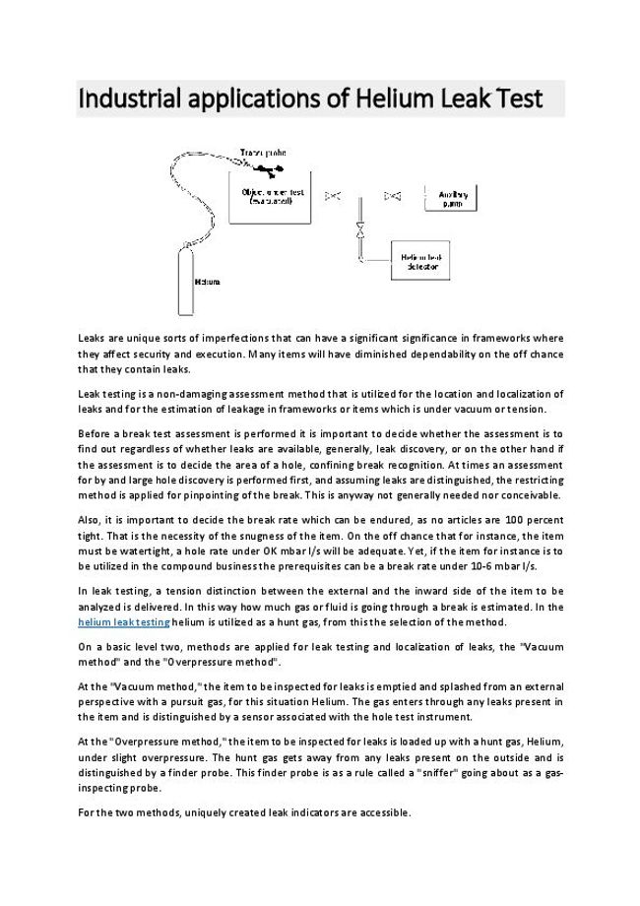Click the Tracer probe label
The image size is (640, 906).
[263, 153]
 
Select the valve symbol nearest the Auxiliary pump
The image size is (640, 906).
[393, 195]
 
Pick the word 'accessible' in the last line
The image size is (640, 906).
[381, 813]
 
